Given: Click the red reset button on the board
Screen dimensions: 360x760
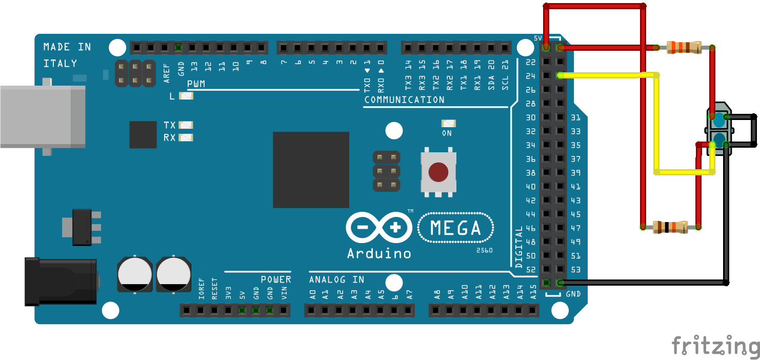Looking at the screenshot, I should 437,172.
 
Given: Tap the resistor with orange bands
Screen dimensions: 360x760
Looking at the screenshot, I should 684,48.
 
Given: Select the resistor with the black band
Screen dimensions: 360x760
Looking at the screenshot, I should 670,227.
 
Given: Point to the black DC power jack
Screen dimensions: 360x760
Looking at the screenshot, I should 61,282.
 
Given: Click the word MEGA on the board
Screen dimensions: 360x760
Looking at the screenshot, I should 455,228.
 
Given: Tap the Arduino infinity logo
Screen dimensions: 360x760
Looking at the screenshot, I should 379,227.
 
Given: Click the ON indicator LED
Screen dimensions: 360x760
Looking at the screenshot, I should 448,124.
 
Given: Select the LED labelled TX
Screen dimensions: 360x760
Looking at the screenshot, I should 187,125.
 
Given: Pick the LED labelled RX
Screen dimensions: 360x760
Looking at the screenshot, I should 187,137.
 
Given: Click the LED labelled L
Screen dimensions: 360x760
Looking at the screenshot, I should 187,96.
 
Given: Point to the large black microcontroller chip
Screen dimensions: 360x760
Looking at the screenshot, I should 311,170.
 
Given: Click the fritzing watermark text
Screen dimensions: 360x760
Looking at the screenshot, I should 715,345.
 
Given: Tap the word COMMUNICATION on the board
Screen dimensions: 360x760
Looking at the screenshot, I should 404,100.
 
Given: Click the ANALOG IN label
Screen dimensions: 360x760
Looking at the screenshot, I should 336,279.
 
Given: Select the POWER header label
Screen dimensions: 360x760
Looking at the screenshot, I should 276,279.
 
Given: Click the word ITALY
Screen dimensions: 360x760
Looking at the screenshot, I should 60,64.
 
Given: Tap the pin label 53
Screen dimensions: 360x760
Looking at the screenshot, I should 575,270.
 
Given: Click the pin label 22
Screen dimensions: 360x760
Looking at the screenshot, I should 531,63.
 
